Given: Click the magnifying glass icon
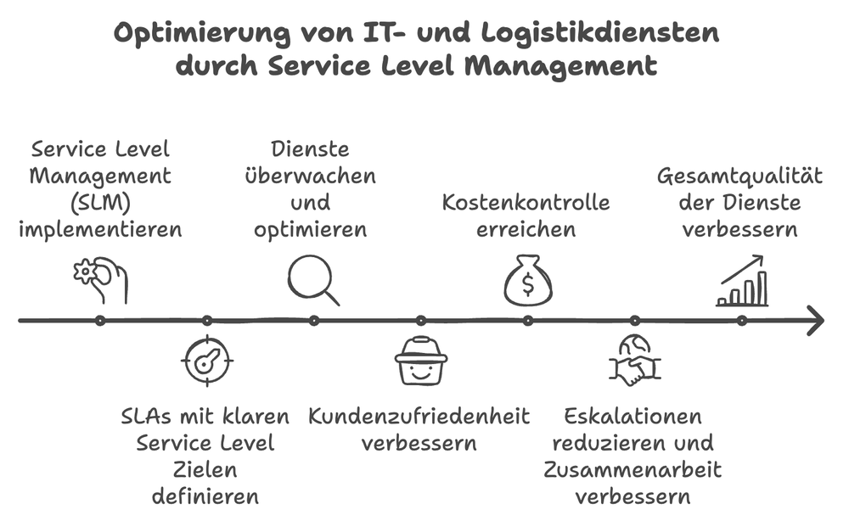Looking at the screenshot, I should [312, 278].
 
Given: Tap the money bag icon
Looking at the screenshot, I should [527, 281].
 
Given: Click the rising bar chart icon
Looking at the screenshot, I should [742, 282].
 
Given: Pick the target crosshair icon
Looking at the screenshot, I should [206, 361].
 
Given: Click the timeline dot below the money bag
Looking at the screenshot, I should [527, 321].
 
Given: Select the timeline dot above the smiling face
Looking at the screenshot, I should [420, 321].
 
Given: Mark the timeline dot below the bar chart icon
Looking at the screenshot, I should [741, 321].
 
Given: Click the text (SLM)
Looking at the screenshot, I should [101, 203].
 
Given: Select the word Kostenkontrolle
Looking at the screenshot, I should [526, 203].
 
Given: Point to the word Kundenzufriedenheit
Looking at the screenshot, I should [419, 417].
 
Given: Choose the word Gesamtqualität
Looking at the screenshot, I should [741, 176].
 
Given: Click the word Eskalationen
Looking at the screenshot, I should [633, 417].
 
